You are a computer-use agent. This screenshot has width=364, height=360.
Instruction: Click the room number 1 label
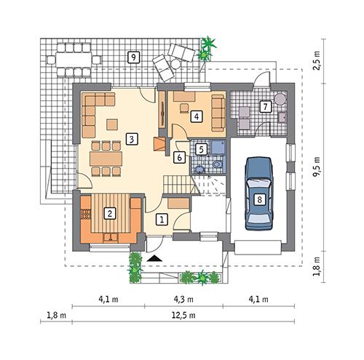pos(162,217)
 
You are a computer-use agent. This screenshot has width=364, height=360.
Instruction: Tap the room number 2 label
pos(110,213)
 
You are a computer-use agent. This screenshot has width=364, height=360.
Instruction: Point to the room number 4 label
pos(196,115)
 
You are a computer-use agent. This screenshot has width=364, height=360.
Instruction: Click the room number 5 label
pos(202,149)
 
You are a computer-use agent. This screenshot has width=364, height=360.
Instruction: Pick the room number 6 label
pos(179,155)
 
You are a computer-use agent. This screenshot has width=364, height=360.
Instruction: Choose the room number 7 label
pos(266,107)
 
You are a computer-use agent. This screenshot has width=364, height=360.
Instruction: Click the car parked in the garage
pos(258,192)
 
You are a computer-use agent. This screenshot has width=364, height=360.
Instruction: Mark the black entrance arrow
pos(154,258)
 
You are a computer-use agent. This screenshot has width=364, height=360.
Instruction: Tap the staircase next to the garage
pos(207,186)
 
